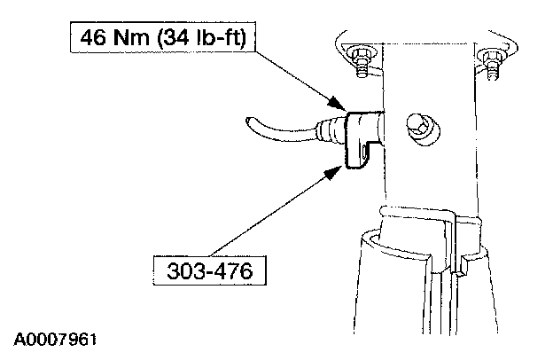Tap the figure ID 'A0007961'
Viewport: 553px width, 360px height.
(55, 340)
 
